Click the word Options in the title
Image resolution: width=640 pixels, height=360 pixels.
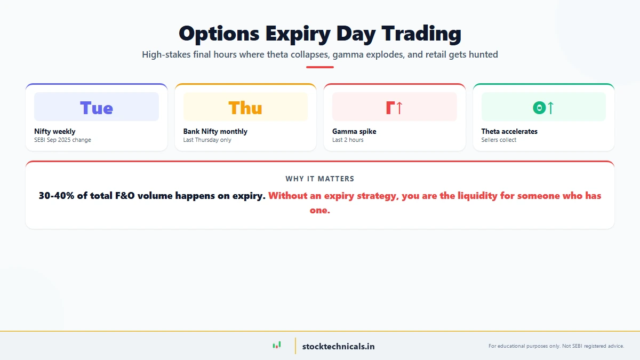(219, 34)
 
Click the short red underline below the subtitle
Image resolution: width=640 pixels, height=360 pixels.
(320, 67)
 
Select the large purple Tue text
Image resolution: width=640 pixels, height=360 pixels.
(97, 108)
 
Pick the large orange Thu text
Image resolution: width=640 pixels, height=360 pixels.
(245, 108)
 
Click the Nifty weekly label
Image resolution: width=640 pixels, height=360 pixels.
(55, 131)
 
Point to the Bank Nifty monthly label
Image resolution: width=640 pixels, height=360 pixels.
(215, 131)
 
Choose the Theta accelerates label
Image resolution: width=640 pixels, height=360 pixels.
(509, 131)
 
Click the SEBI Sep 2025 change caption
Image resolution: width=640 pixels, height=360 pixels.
(62, 140)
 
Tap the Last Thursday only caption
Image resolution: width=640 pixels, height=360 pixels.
(207, 140)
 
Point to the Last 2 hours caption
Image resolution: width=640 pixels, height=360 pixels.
(348, 140)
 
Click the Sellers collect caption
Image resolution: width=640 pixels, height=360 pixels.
(499, 140)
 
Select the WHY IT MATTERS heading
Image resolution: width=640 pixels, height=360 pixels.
(320, 179)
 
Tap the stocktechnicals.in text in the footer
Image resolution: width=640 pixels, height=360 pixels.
(338, 346)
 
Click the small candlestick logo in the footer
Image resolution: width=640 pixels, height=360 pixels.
(276, 346)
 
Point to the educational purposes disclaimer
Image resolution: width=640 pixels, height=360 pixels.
(556, 346)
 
